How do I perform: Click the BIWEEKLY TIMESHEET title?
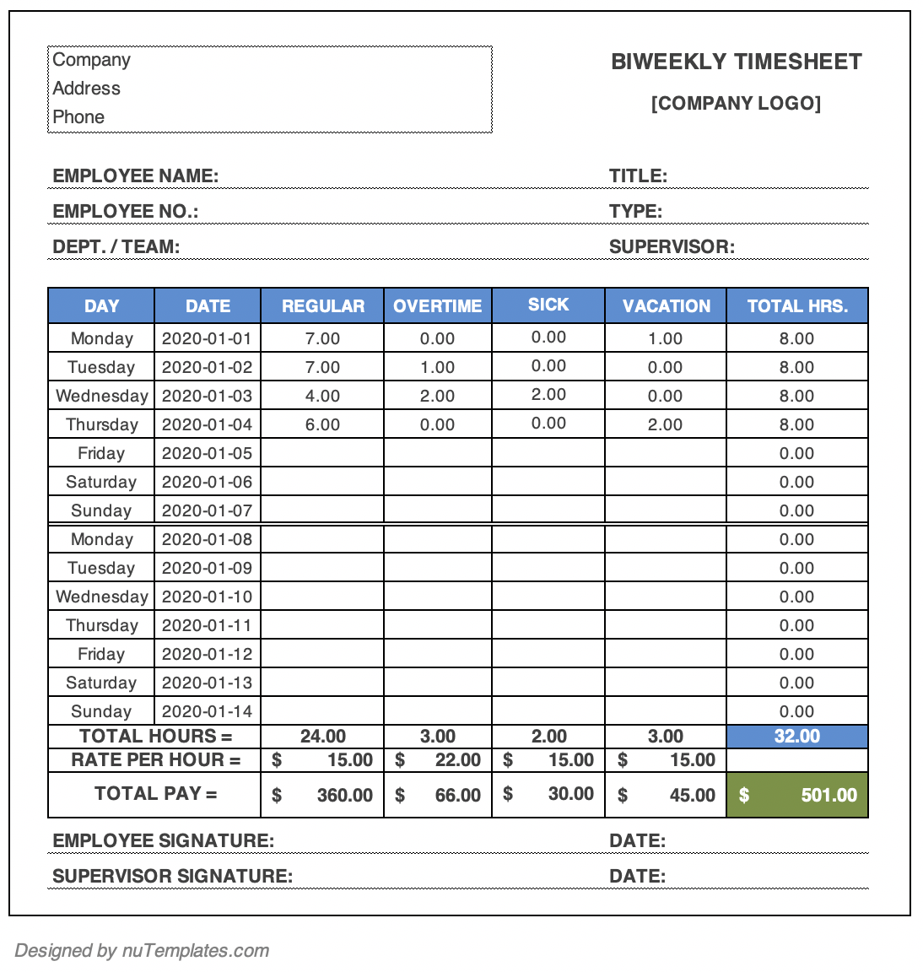pyautogui.click(x=736, y=62)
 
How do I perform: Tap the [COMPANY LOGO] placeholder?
pyautogui.click(x=736, y=103)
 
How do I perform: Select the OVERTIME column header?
pyautogui.click(x=437, y=306)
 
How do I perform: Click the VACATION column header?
pyautogui.click(x=666, y=306)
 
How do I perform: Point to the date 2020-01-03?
pyautogui.click(x=207, y=396)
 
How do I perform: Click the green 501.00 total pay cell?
pyautogui.click(x=797, y=795)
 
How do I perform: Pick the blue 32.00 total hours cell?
pyautogui.click(x=797, y=736)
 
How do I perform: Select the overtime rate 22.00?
pyautogui.click(x=457, y=760)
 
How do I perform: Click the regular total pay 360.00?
pyautogui.click(x=344, y=795)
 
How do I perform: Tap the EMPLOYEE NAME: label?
pyautogui.click(x=135, y=176)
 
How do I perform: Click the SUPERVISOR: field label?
pyautogui.click(x=672, y=247)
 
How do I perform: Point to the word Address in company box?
pyautogui.click(x=86, y=89)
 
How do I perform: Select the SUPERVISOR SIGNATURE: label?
pyautogui.click(x=172, y=876)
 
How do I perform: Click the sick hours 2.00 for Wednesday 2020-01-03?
pyautogui.click(x=548, y=395)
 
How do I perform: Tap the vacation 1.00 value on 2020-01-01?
pyautogui.click(x=665, y=338)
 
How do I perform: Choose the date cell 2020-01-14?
pyautogui.click(x=207, y=711)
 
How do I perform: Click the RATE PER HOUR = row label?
pyautogui.click(x=155, y=760)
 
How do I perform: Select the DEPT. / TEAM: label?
pyautogui.click(x=116, y=247)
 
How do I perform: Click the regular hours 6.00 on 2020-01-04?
pyautogui.click(x=322, y=424)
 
